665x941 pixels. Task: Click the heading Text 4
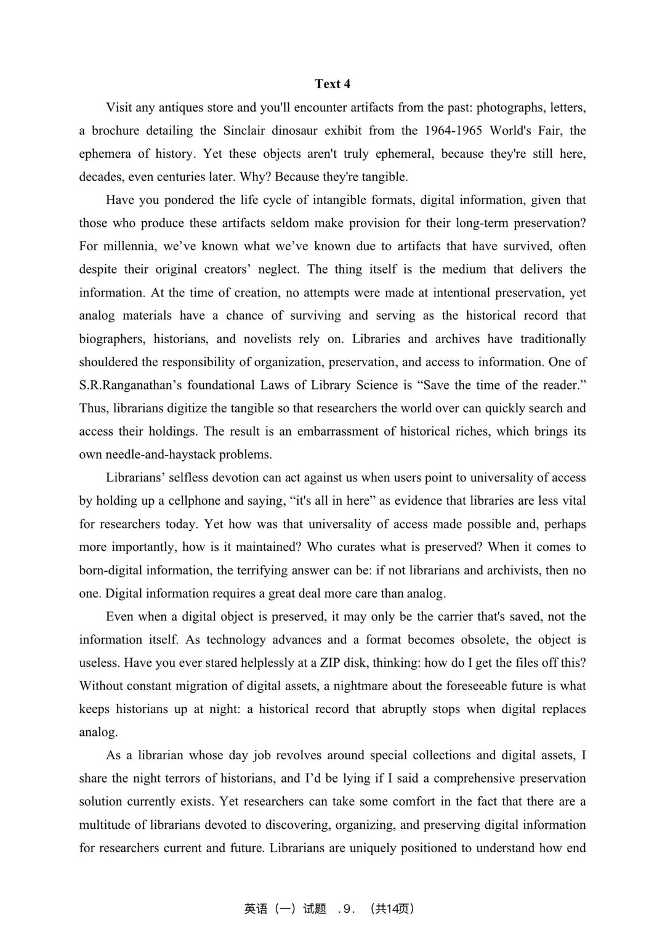coord(332,84)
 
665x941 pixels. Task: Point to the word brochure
coord(116,131)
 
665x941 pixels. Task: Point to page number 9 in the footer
coord(347,909)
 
